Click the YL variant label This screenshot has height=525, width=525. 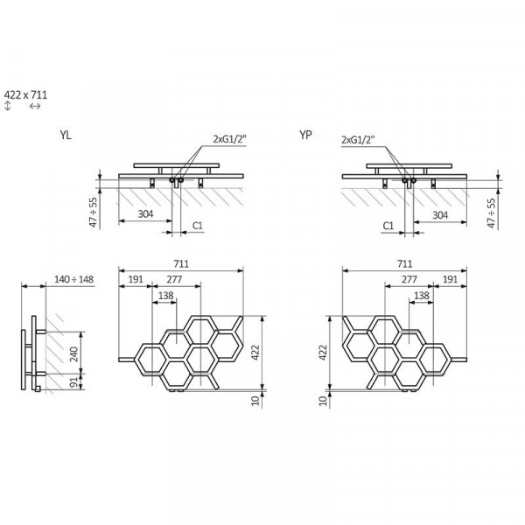pyautogui.click(x=66, y=136)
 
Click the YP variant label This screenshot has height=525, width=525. pyautogui.click(x=305, y=135)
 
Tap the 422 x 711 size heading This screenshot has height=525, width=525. pyautogui.click(x=25, y=95)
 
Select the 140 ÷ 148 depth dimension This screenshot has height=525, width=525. pyautogui.click(x=74, y=279)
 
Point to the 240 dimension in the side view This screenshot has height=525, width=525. pyautogui.click(x=74, y=353)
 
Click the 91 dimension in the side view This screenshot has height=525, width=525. pyautogui.click(x=74, y=382)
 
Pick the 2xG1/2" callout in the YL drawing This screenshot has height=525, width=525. pyautogui.click(x=229, y=139)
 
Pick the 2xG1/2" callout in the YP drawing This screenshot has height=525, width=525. pyautogui.click(x=358, y=139)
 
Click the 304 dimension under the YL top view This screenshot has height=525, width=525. pyautogui.click(x=145, y=214)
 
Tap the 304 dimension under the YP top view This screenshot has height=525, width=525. pyautogui.click(x=440, y=215)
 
